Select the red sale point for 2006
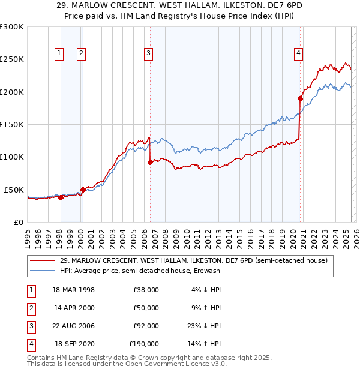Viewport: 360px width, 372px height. (x=150, y=162)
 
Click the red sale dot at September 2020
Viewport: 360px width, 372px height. (x=300, y=98)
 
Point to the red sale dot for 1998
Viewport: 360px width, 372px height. (x=61, y=197)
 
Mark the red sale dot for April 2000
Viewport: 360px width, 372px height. (x=83, y=190)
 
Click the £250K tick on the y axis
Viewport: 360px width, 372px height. (x=12, y=59)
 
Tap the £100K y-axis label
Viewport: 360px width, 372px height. (x=12, y=157)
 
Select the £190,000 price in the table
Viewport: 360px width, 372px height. (x=144, y=344)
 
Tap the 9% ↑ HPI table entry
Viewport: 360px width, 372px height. (x=206, y=308)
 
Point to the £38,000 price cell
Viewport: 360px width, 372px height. (x=146, y=290)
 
